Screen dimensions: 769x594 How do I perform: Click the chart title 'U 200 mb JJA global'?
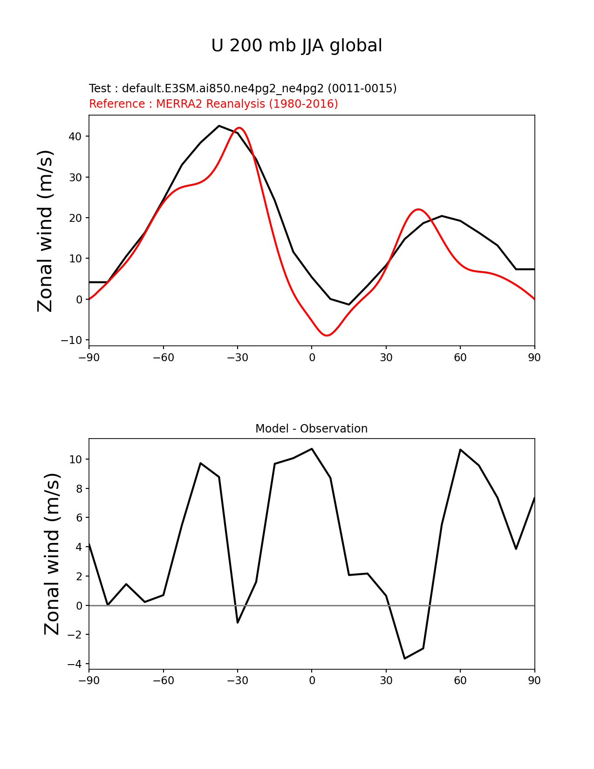coord(297,46)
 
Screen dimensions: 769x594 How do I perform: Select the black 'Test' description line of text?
coord(243,89)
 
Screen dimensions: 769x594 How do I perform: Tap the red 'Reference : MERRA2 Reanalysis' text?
coord(213,104)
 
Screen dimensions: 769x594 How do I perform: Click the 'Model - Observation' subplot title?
coord(311,429)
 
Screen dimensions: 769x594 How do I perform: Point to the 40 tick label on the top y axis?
coord(76,137)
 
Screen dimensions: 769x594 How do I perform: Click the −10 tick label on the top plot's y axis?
coord(71,340)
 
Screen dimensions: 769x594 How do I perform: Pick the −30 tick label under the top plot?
coord(237,358)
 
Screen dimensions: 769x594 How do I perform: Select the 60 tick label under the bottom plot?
coord(460,681)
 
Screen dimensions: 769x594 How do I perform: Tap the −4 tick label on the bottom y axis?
coord(75,664)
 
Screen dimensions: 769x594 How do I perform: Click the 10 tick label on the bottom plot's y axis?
coord(76,460)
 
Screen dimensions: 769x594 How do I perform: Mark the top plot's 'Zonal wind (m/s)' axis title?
coord(46,231)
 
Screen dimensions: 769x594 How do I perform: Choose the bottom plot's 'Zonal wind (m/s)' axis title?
coord(52,554)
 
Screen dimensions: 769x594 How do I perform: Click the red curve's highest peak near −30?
coord(239,128)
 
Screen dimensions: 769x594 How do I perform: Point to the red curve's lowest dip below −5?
coord(327,336)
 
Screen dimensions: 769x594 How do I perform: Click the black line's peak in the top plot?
coord(219,126)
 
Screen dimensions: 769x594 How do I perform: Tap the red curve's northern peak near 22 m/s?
coord(418,209)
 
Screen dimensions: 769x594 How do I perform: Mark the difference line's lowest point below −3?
coord(404,659)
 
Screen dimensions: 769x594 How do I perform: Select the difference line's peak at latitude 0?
coord(312,449)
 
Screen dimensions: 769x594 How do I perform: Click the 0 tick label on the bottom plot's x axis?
coord(312,681)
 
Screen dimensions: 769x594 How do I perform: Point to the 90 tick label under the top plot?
coord(534,358)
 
